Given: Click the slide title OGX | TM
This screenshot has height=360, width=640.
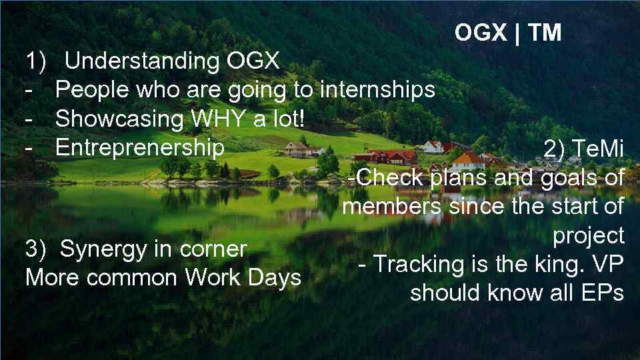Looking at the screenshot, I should point(508,32).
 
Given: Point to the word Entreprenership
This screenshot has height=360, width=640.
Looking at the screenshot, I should point(140,147).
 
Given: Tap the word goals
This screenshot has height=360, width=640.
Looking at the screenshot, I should point(571,179).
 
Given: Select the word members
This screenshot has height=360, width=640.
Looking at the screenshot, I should point(391,207).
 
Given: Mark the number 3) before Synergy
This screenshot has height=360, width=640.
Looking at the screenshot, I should point(36,249).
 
